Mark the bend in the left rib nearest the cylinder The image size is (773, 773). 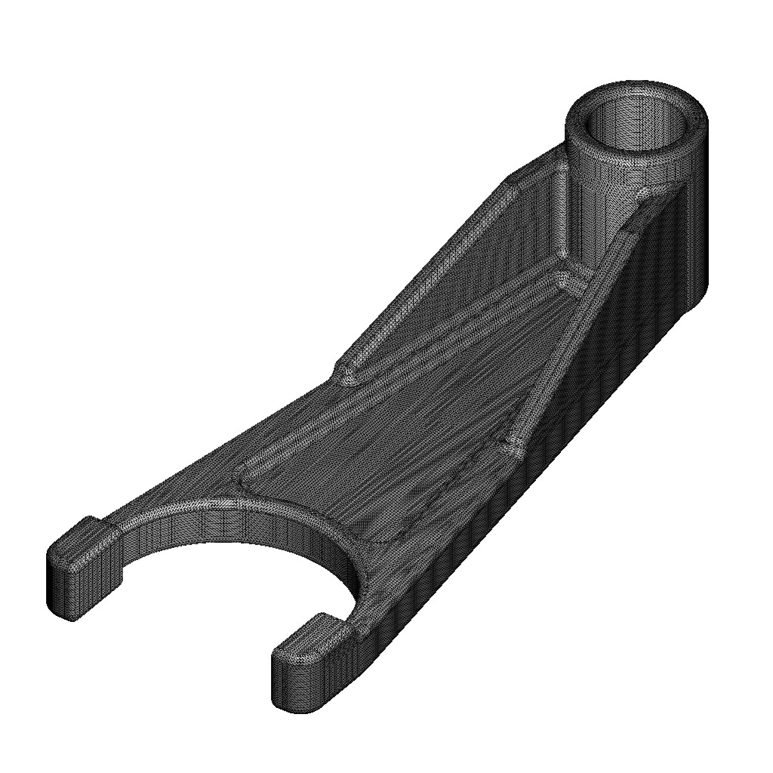(x=513, y=181)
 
